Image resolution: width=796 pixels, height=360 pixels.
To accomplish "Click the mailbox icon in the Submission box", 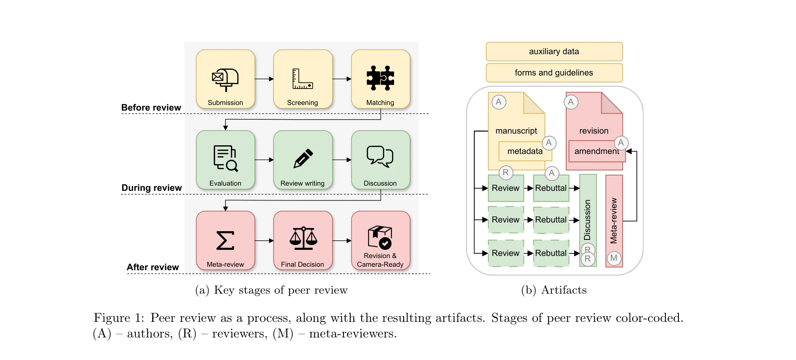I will tap(225, 79).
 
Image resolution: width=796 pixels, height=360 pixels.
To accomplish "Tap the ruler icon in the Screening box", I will tap(302, 79).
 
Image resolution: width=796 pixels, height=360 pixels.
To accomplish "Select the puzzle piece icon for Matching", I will tap(380, 78).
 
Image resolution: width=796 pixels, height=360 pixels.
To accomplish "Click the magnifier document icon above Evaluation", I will tap(225, 158).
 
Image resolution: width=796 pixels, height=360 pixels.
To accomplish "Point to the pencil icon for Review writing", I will tap(303, 158).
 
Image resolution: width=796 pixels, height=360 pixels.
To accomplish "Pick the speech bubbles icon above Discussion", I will tap(380, 156).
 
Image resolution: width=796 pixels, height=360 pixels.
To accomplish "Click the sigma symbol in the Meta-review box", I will tap(225, 240).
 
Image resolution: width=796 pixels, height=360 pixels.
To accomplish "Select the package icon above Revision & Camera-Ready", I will tap(380, 237).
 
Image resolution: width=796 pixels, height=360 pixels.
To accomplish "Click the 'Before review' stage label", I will tap(151, 108).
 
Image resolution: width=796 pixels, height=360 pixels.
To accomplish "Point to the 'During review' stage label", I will tap(151, 188).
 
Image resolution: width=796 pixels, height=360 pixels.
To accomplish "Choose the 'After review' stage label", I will tap(153, 267).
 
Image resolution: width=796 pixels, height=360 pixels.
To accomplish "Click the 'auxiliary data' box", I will tap(554, 52).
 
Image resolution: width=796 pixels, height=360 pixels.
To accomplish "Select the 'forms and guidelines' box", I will tap(554, 73).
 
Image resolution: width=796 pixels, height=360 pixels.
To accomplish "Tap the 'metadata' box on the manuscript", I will tap(525, 151).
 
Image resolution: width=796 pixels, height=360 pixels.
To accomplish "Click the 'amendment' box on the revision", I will tap(596, 151).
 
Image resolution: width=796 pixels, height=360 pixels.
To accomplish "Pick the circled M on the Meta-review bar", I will tap(613, 258).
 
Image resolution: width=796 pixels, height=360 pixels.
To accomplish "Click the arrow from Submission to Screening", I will tap(264, 79).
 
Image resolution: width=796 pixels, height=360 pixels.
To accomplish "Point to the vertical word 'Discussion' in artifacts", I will tap(587, 219).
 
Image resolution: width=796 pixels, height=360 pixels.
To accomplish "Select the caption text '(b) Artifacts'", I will tap(554, 290).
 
